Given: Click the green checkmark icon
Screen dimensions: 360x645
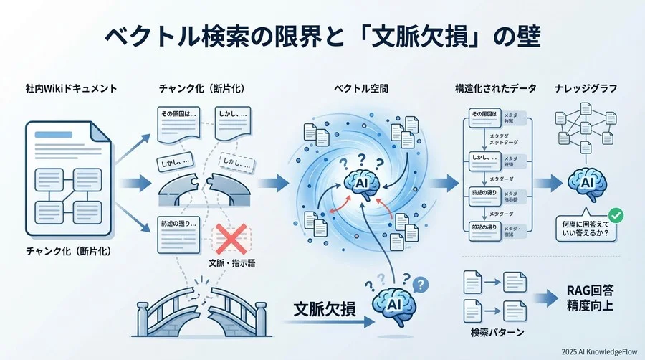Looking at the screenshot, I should tap(613, 215).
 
